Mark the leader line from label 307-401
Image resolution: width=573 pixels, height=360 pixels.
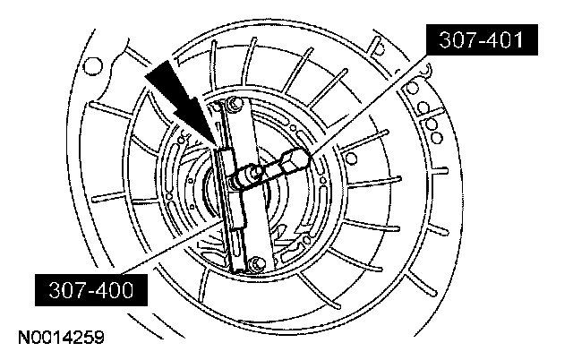pyautogui.click(x=376, y=103)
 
